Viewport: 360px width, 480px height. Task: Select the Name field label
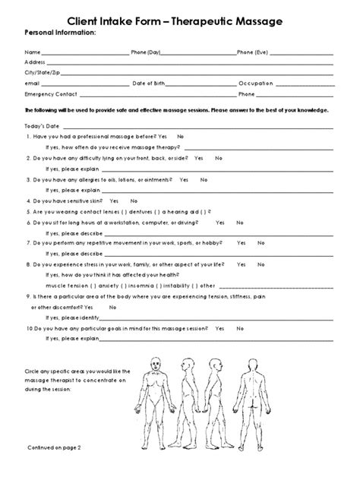click(x=33, y=52)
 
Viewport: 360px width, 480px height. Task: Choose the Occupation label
click(x=256, y=84)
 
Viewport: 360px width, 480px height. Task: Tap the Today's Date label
click(x=43, y=125)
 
